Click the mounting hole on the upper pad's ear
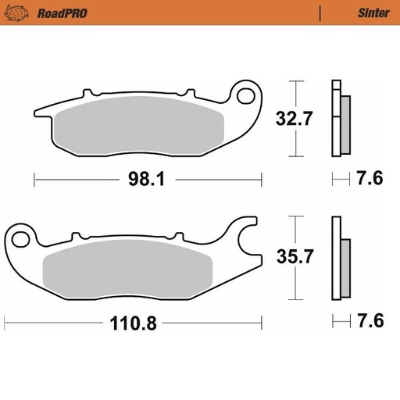[x=247, y=98]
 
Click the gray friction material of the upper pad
[x=141, y=125]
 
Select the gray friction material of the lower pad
[x=129, y=270]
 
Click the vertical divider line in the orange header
[x=320, y=12]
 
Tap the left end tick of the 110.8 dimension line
[x=5, y=321]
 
